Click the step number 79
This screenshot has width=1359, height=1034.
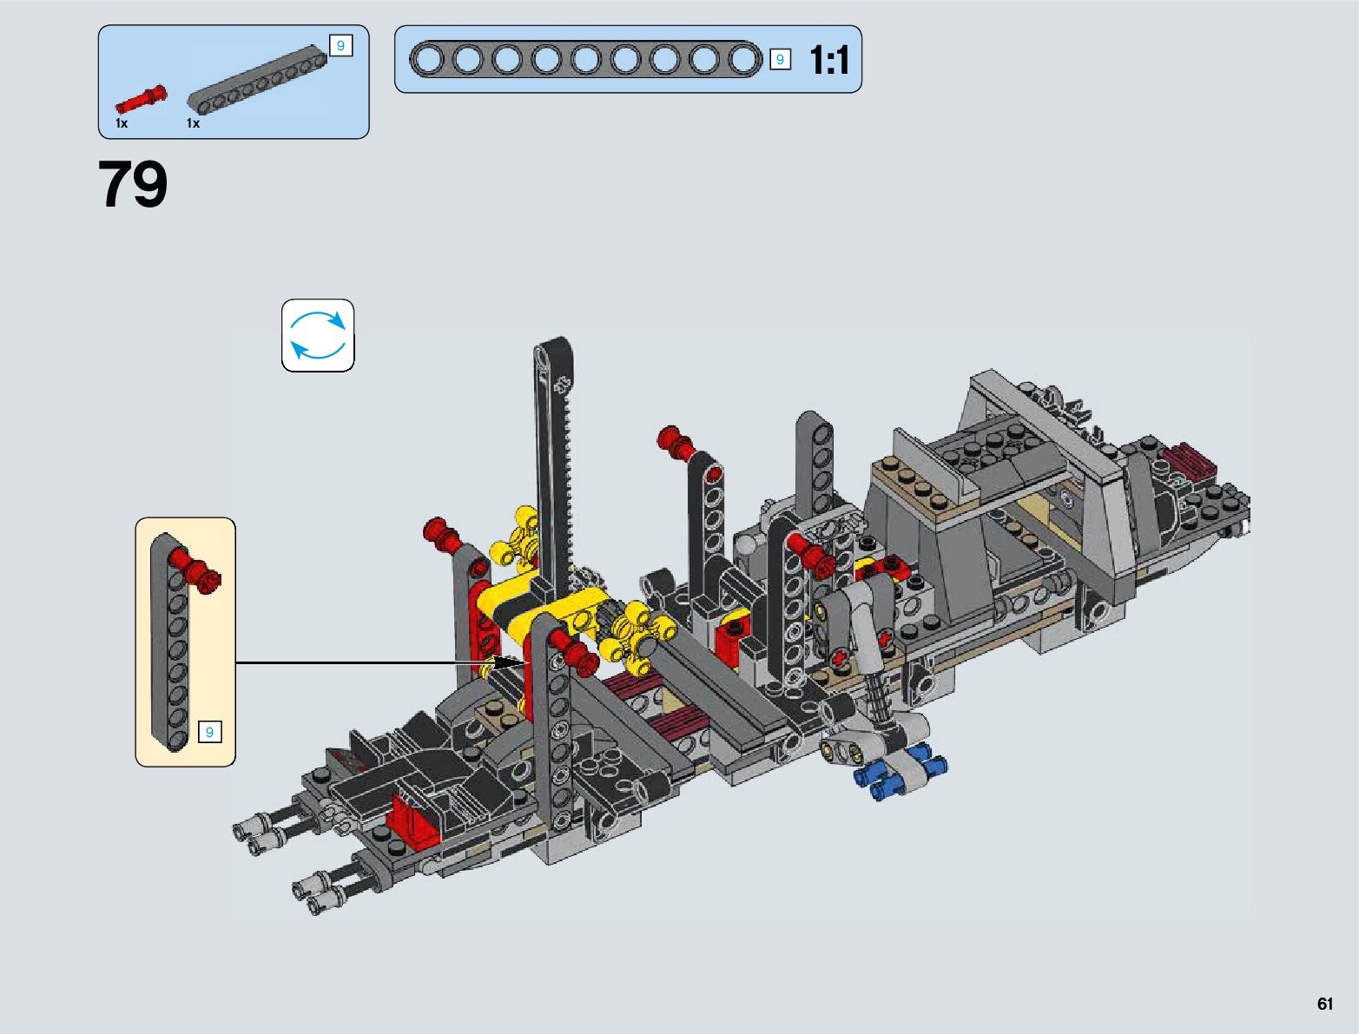click(x=133, y=184)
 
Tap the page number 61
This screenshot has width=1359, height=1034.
click(x=1324, y=1003)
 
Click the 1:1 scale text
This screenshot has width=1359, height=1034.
click(x=829, y=60)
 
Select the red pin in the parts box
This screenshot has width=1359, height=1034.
click(x=142, y=100)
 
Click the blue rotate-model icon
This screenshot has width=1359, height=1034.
click(x=318, y=335)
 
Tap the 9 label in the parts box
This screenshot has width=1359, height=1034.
click(x=340, y=46)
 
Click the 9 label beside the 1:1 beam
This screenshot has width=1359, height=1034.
click(x=780, y=59)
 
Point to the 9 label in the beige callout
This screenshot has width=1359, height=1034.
click(x=209, y=732)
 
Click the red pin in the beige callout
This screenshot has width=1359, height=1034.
click(x=197, y=570)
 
